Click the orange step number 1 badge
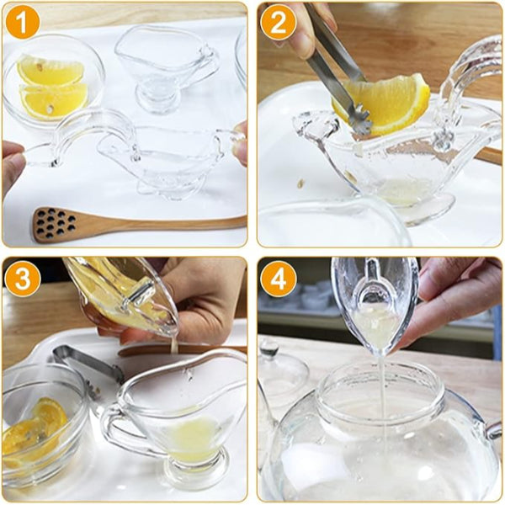click(x=22, y=23)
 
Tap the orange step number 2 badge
click(x=278, y=23)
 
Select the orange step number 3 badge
click(x=22, y=277)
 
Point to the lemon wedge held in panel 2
click(x=387, y=101)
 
